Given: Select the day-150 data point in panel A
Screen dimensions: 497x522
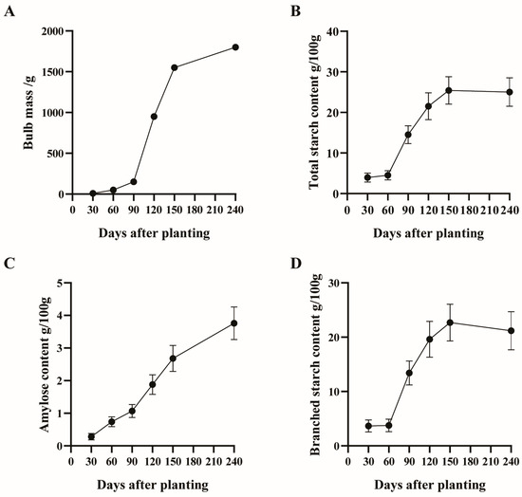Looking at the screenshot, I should tap(175, 67).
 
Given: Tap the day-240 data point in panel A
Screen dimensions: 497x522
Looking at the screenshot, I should tap(234, 47).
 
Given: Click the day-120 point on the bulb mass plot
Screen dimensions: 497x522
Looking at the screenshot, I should tap(154, 117).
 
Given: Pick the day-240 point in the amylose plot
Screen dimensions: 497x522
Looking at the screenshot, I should tap(234, 323).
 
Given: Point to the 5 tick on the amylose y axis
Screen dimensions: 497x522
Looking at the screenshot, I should tap(59, 283).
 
